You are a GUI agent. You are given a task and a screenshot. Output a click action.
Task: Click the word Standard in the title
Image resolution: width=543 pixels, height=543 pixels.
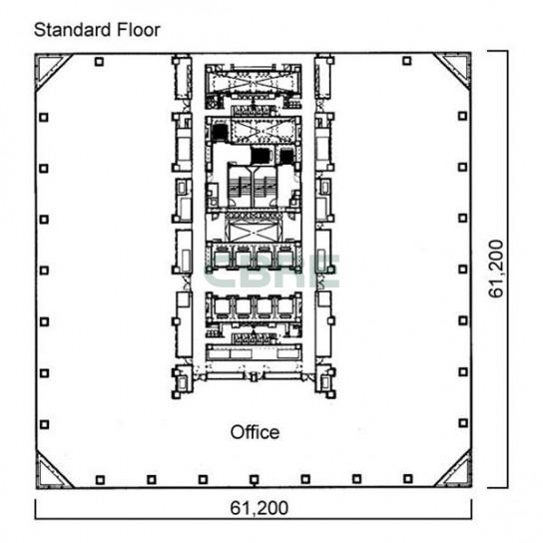pos(72,30)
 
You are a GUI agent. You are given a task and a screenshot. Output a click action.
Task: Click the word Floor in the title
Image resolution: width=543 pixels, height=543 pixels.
pos(138,30)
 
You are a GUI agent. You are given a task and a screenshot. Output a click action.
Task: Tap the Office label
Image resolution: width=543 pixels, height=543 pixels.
pos(255,432)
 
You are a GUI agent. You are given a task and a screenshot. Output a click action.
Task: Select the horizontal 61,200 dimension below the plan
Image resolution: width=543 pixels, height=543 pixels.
pos(260,508)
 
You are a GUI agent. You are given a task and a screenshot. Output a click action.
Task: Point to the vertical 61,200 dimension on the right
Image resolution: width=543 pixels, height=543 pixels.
pos(495,269)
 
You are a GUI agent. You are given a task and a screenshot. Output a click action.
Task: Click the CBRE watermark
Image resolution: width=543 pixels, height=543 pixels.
pos(272,271)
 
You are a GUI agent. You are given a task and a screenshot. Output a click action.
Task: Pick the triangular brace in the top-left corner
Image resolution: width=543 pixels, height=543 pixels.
pos(54,72)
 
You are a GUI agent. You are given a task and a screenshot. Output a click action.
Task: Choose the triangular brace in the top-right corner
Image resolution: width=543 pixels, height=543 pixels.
pos(453,71)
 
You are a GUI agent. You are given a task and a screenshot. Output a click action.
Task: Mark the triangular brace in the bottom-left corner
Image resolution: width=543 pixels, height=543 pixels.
pos(54,469)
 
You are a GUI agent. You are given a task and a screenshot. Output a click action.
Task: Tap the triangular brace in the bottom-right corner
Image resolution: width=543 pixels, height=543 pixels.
pos(453,468)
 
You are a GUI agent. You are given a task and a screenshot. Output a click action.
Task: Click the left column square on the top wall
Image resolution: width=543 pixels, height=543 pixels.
pos(99,62)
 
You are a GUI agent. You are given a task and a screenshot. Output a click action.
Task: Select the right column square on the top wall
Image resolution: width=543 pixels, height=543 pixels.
pos(407,61)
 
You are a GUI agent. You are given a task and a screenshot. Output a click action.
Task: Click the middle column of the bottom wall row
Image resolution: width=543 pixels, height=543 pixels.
pos(255,480)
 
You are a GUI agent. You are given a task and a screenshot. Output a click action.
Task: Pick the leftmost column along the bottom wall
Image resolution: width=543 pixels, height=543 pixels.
pos(100,480)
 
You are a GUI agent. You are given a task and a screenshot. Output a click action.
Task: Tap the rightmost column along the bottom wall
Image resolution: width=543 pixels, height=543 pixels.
pos(408,479)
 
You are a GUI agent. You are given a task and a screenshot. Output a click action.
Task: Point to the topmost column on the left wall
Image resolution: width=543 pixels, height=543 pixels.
pos(43,118)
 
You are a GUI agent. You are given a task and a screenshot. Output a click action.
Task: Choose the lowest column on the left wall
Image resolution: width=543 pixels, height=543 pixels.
pos(44,424)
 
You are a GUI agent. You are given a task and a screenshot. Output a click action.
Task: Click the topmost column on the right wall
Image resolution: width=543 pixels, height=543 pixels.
pos(462,116)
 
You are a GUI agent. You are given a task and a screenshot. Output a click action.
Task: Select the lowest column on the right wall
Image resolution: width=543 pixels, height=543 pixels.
pos(463,423)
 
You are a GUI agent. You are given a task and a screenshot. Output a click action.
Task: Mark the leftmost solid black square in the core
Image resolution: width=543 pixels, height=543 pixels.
pos(220,133)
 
